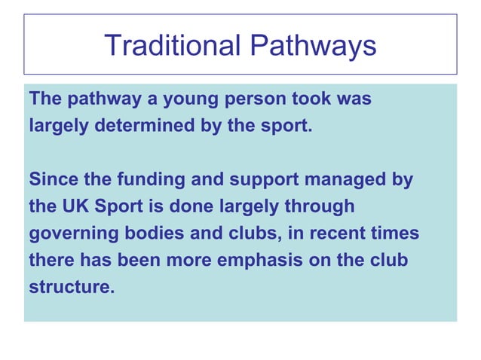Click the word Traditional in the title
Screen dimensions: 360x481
[171, 46]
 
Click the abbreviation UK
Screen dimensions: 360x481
[74, 207]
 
